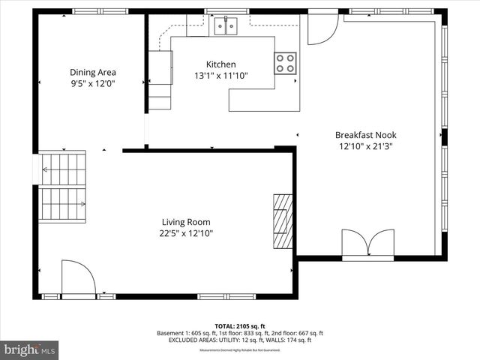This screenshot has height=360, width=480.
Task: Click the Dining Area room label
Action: pyautogui.click(x=92, y=73)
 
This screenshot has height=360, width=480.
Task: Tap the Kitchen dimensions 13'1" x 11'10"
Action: pyautogui.click(x=220, y=76)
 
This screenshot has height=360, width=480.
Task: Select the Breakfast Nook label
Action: pyautogui.click(x=365, y=135)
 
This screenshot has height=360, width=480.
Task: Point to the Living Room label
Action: pyautogui.click(x=186, y=222)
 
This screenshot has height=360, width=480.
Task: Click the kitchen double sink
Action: pyautogui.click(x=226, y=27)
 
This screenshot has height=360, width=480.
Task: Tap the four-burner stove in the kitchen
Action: pyautogui.click(x=285, y=62)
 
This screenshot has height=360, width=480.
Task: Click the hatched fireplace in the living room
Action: pyautogui.click(x=283, y=223)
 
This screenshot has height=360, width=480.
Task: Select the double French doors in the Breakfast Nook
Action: pyautogui.click(x=367, y=244)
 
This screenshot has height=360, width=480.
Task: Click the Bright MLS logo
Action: pyautogui.click(x=30, y=349)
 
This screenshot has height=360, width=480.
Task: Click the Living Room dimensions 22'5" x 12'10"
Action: pyautogui.click(x=186, y=233)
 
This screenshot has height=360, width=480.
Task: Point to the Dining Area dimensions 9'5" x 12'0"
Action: pyautogui.click(x=92, y=84)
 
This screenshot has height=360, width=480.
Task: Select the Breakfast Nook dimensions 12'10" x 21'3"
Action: pyautogui.click(x=365, y=146)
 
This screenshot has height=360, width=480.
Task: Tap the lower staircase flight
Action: pyautogui.click(x=62, y=204)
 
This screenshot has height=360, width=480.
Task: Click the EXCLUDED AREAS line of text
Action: pyautogui.click(x=239, y=340)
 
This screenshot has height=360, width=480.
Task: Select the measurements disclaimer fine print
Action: pyautogui.click(x=239, y=350)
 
